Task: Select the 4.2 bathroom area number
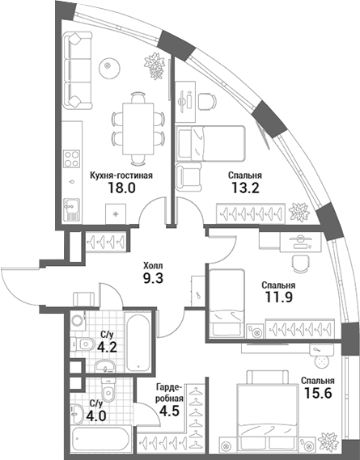pyautogui.click(x=107, y=349)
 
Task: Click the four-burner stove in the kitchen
pyautogui.click(x=72, y=158)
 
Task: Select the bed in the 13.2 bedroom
pyautogui.click(x=212, y=144)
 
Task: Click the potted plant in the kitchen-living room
pyautogui.click(x=152, y=65)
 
